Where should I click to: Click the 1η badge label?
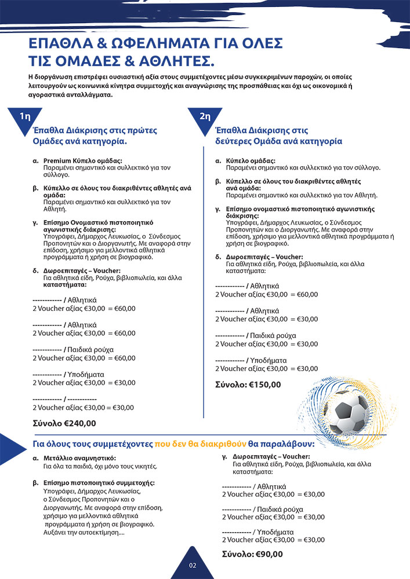(x=25, y=116)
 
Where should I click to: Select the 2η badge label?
(x=205, y=116)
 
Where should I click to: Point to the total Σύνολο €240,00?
(x=64, y=423)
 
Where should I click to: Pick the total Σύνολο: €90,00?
(x=253, y=554)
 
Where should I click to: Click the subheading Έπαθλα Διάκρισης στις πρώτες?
(x=95, y=131)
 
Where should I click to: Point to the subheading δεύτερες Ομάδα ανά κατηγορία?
(x=278, y=141)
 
